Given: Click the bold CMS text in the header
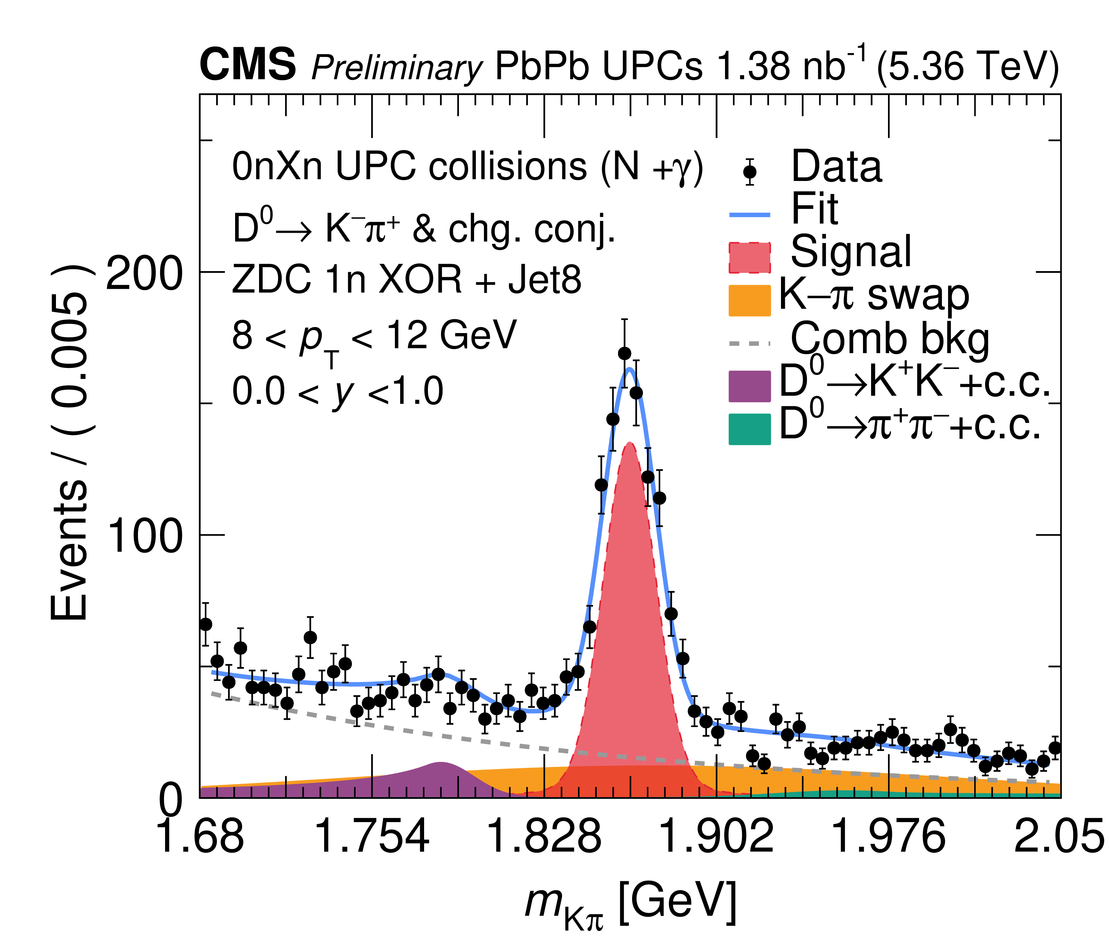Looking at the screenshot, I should [x=247, y=65].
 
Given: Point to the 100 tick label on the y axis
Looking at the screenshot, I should [x=144, y=538].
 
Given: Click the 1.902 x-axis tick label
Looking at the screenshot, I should [x=716, y=836].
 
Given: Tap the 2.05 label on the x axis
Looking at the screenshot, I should [x=1059, y=836].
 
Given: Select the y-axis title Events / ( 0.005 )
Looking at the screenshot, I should [x=69, y=442].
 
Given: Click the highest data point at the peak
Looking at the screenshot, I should [x=624, y=353].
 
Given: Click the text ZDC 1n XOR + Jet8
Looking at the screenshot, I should [x=407, y=280].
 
